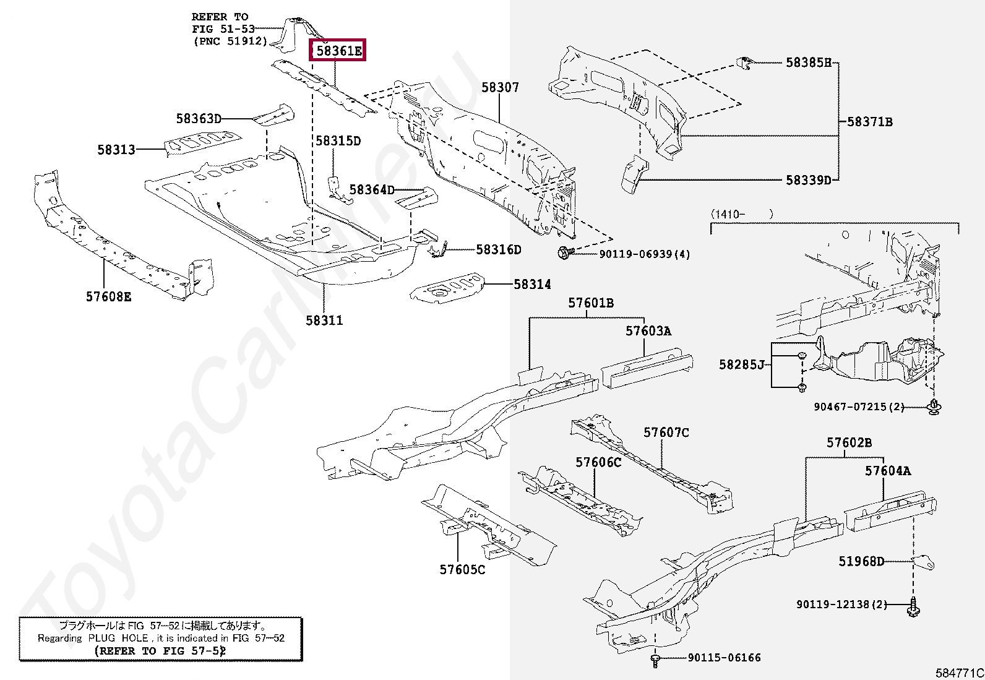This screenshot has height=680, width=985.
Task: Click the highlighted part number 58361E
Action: point(338,50)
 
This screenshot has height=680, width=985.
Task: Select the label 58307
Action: point(500,88)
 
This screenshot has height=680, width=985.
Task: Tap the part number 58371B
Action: point(869,122)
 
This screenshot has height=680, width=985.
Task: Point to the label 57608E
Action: point(108,297)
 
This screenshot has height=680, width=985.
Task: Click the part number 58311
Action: point(324,321)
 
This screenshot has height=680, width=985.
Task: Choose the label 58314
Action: point(532,285)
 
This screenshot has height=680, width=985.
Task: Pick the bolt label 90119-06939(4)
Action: point(644,254)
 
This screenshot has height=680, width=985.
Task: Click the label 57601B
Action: point(591,303)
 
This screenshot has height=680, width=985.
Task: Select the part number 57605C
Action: point(462,570)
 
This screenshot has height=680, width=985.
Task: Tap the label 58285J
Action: point(742,365)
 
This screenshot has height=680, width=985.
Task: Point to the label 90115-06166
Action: point(724,658)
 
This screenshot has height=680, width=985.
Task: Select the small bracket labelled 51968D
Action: point(924,562)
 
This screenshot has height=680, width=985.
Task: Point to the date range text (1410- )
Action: point(742,214)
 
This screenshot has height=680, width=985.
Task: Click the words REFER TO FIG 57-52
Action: point(160,651)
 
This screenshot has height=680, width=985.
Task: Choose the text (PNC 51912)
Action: point(230,41)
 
